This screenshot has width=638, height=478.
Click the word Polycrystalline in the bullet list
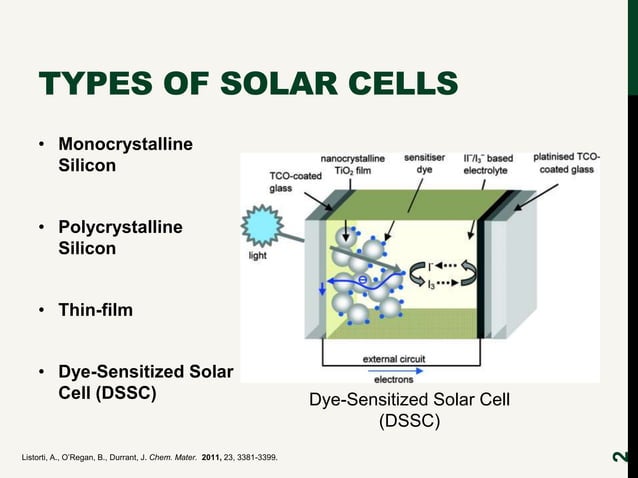[120, 227]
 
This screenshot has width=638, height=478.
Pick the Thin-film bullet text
[95, 311]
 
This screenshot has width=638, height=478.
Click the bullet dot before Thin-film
[43, 311]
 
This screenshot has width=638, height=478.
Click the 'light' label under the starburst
[257, 256]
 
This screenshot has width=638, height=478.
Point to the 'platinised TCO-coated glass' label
[566, 163]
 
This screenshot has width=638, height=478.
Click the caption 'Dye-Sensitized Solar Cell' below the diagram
[409, 400]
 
